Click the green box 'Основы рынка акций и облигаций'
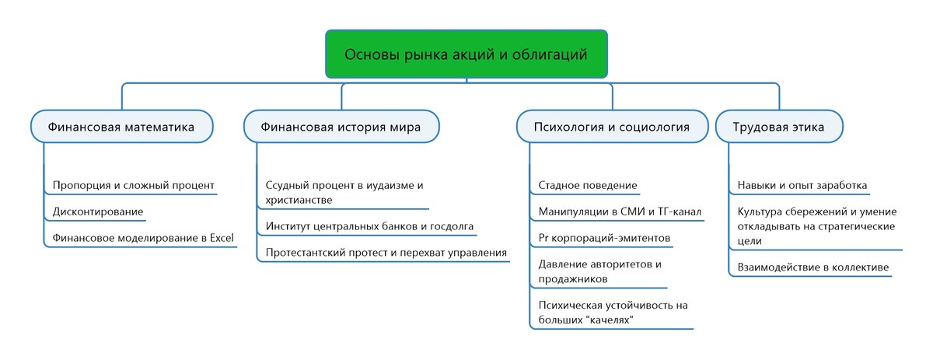[466, 54]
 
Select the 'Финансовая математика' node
[121, 127]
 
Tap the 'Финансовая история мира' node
[341, 127]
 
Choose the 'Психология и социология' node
[612, 127]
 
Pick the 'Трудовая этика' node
[779, 127]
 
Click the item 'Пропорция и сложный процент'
[133, 185]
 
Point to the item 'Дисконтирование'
[98, 211]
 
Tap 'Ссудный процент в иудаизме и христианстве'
[344, 193]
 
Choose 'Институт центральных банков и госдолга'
[369, 226]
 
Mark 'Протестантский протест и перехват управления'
[386, 252]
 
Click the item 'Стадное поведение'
[588, 185]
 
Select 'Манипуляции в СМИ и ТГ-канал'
[620, 211]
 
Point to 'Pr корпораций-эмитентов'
[603, 236]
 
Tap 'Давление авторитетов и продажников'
[599, 271]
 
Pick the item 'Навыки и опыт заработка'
[802, 185]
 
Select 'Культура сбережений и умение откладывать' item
[816, 225]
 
